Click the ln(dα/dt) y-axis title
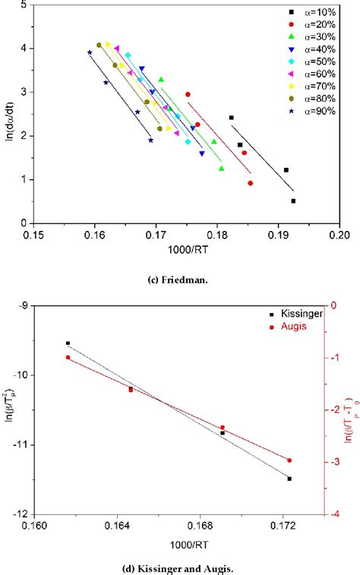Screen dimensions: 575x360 point(9,114)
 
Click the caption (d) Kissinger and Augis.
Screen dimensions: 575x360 point(179,565)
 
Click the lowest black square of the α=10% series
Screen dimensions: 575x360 point(293,201)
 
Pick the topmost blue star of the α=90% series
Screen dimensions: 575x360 point(90,52)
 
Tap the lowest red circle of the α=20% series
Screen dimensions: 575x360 point(251,183)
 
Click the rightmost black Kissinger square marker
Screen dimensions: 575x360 point(289,479)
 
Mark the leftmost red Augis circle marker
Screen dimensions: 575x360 point(68,357)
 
